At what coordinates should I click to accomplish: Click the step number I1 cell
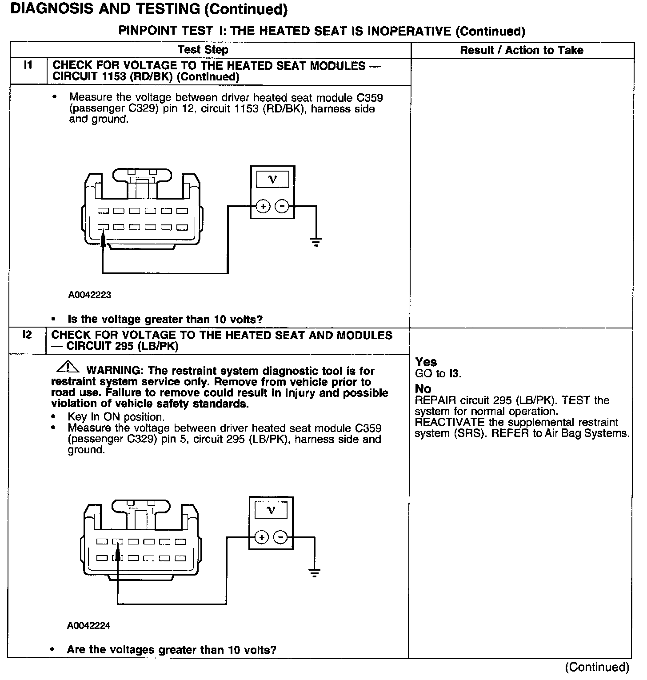[x=28, y=66]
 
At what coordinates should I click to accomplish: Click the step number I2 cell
[x=28, y=335]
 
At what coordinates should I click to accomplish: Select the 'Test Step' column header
[x=203, y=50]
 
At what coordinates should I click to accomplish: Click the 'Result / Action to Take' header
[x=521, y=50]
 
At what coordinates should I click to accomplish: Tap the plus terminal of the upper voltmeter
[x=263, y=207]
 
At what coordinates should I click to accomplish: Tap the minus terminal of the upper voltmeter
[x=282, y=207]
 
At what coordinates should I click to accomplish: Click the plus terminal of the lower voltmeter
[x=262, y=537]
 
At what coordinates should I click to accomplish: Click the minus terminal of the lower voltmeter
[x=280, y=537]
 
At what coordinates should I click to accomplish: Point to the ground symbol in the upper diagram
[x=316, y=243]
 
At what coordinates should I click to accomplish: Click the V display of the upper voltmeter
[x=273, y=180]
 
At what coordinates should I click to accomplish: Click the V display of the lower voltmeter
[x=271, y=510]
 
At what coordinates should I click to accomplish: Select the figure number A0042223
[x=89, y=295]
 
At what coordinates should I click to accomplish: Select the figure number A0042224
[x=88, y=625]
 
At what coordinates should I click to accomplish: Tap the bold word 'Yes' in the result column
[x=426, y=362]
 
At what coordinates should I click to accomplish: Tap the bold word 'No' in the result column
[x=423, y=389]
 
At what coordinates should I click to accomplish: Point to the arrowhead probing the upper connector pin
[x=103, y=240]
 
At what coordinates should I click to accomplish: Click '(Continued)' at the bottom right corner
[x=597, y=667]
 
